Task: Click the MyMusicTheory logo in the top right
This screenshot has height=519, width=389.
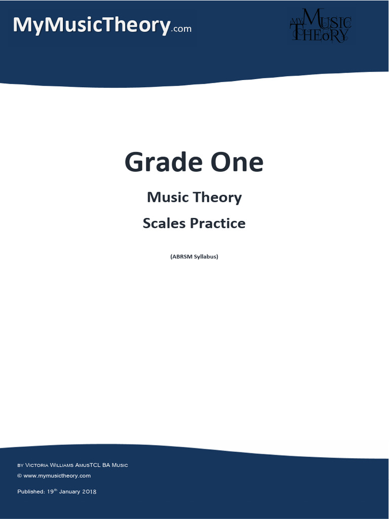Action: pos(320,25)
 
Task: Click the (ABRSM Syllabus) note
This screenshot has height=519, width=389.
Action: pos(194,256)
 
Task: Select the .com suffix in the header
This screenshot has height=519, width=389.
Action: pos(181,29)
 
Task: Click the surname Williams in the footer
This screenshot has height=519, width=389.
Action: pos(61,465)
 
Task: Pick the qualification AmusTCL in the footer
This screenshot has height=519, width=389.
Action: pos(88,465)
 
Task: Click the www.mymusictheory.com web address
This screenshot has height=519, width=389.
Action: pos(57,475)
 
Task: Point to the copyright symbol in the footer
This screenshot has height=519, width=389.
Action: pos(19,475)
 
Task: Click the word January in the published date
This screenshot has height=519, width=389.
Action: pos(68,492)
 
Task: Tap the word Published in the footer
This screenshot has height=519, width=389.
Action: pos(30,492)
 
